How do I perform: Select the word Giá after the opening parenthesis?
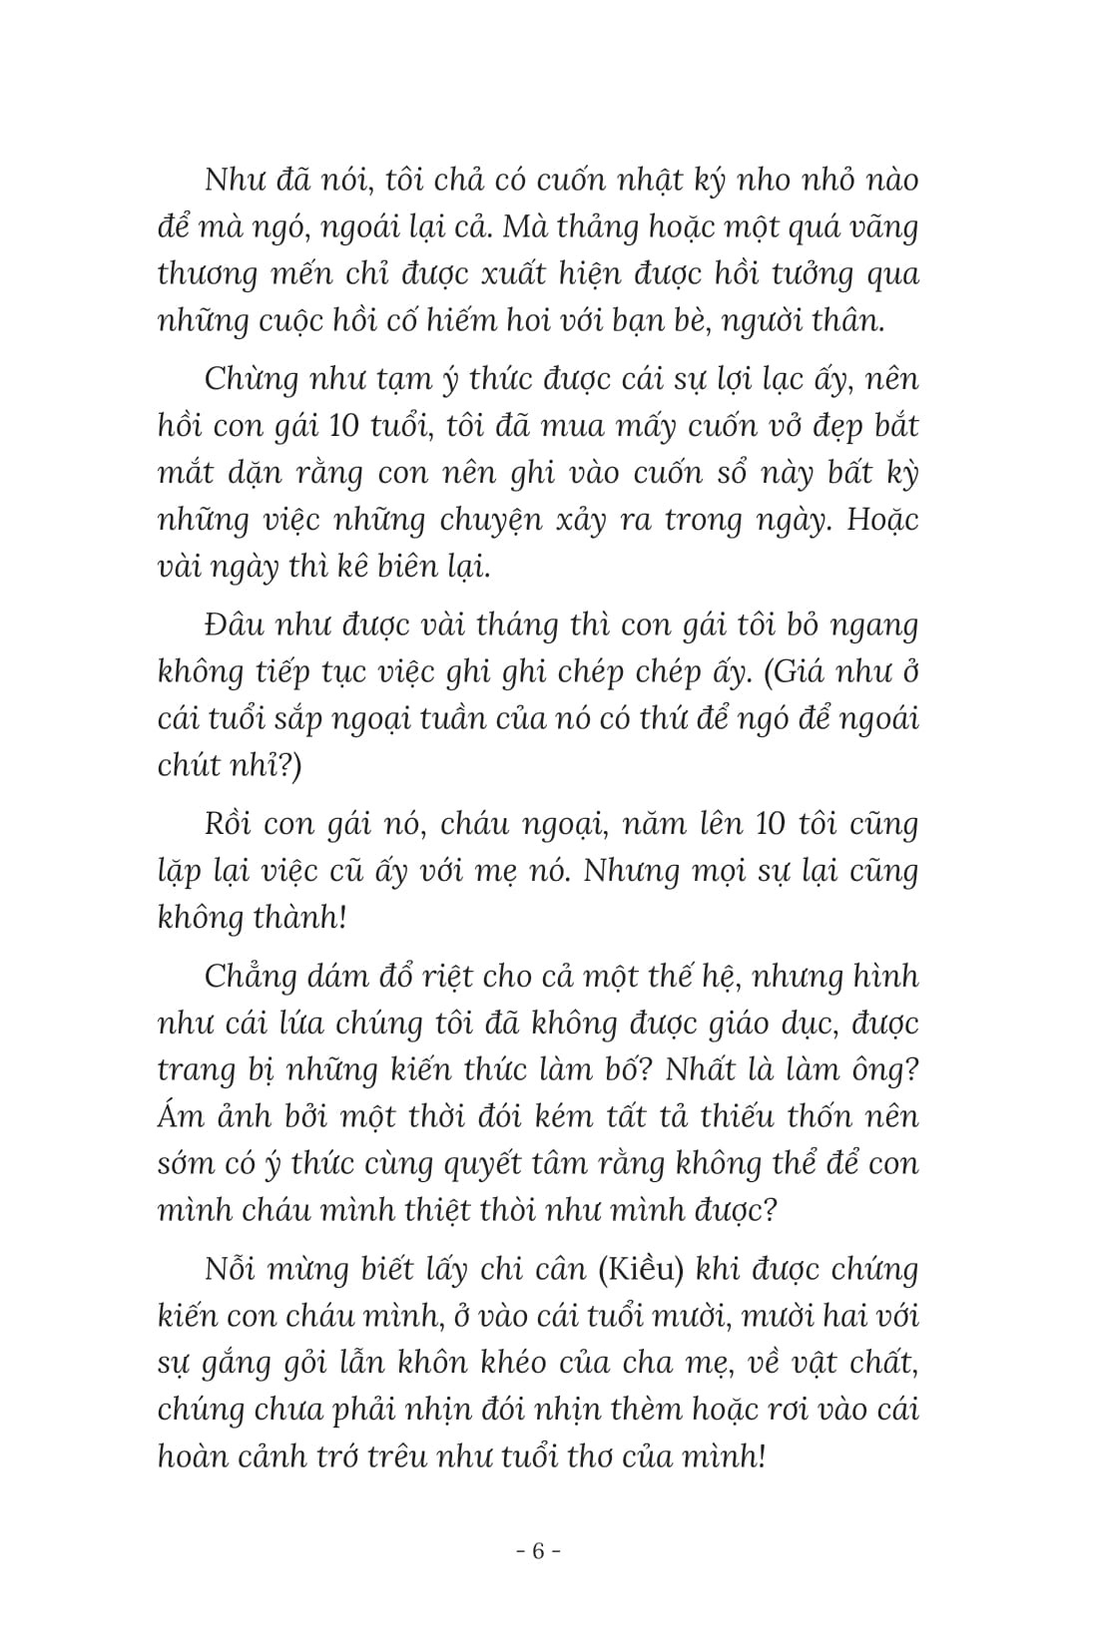(792, 673)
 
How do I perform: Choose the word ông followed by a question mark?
(885, 1068)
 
